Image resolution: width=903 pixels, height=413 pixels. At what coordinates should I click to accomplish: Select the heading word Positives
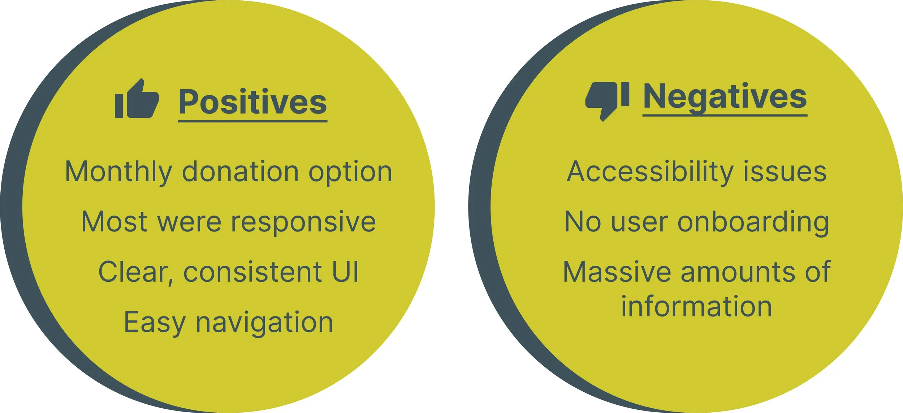pos(253,102)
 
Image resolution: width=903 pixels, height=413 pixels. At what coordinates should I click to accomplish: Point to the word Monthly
pos(118,172)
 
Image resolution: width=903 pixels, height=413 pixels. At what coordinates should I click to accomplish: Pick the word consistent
pos(253,272)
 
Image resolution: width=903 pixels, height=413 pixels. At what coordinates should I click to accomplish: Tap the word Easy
pos(155,323)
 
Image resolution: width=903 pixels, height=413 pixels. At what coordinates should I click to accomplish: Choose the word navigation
pos(264,323)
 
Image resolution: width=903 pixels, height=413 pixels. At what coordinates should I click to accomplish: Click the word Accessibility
pos(650,172)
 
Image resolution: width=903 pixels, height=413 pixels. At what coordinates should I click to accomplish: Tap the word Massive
pos(617,272)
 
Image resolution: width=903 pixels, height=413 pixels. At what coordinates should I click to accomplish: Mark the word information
pos(697,307)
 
